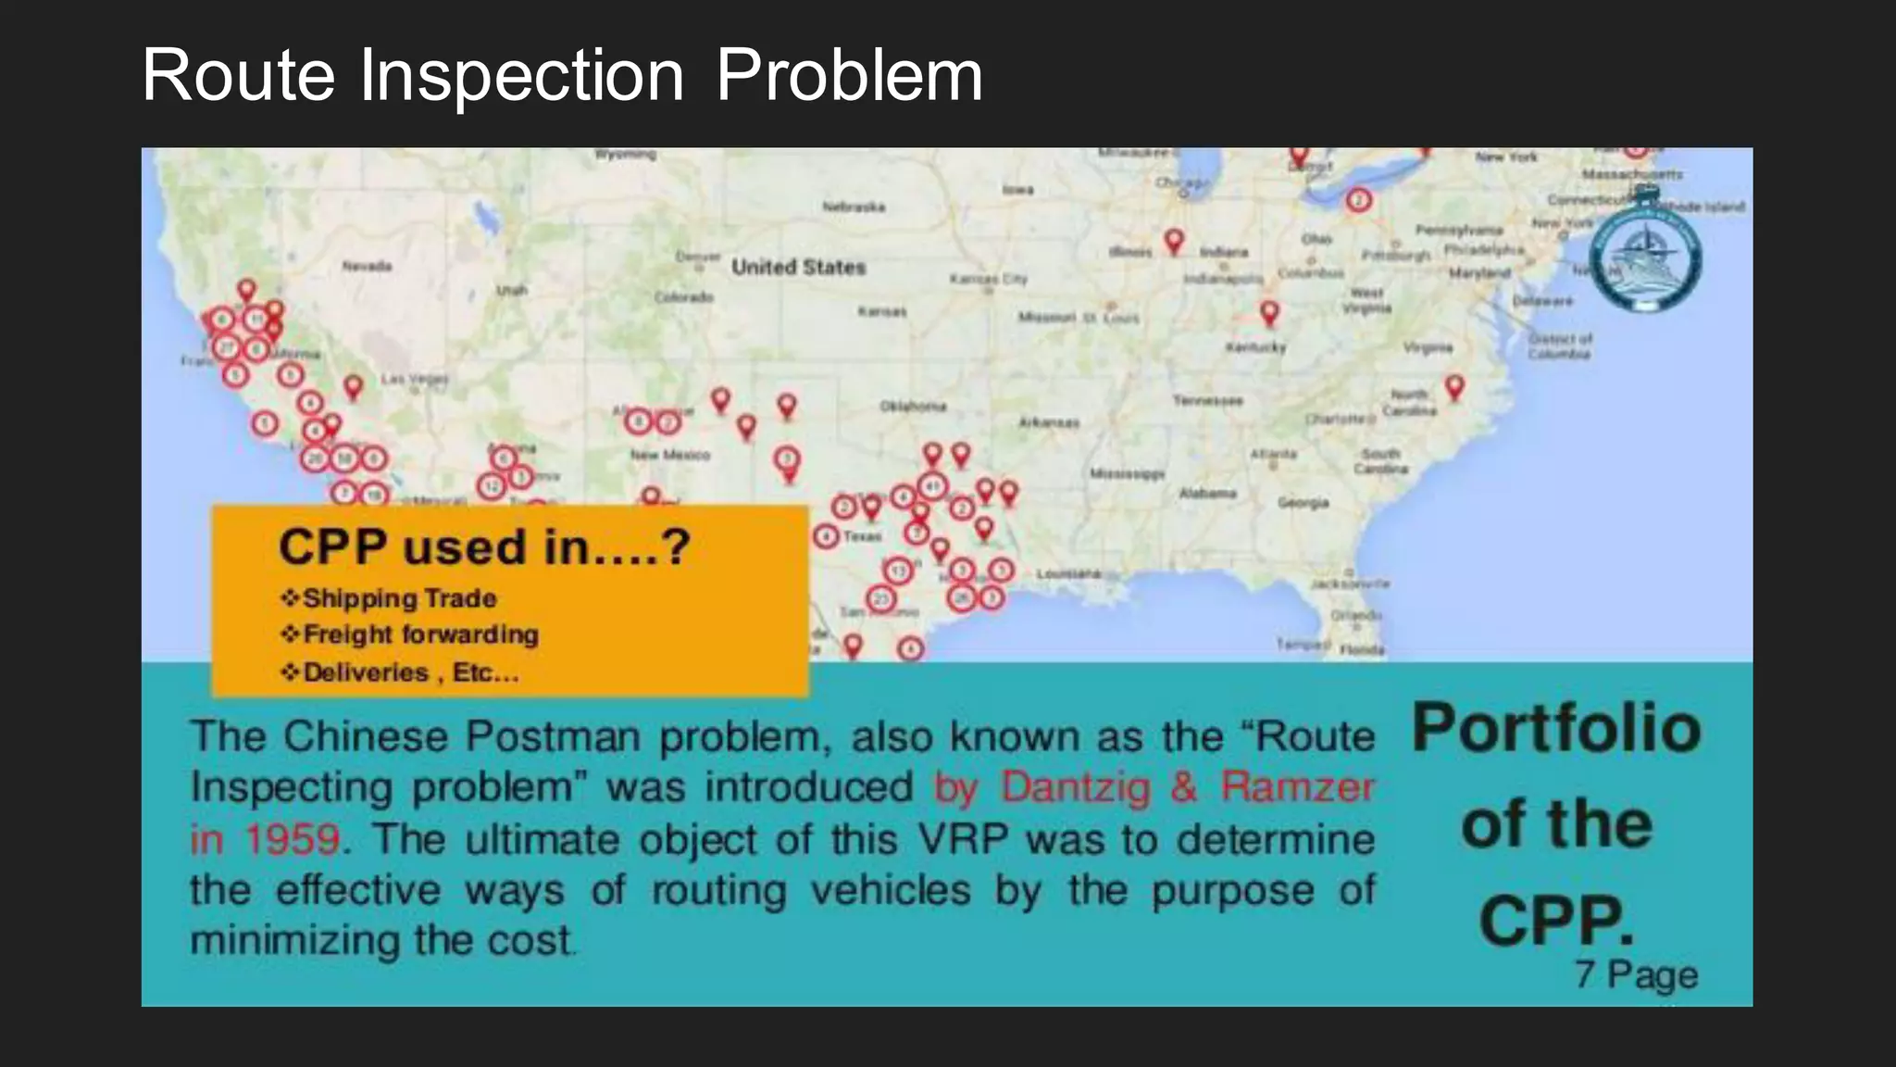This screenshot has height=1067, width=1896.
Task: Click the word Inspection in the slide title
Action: (521, 76)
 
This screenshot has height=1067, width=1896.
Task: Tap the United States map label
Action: (798, 267)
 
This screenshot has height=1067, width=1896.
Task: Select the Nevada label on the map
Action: (367, 266)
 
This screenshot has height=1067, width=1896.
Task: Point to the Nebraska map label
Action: (854, 207)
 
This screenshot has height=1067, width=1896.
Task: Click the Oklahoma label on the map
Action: (913, 406)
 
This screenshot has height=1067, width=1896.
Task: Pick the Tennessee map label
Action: (1207, 400)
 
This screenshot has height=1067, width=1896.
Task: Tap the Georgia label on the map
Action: (1303, 503)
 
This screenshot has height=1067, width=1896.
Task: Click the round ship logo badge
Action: (1645, 250)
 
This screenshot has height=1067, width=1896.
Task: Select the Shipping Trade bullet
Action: (399, 598)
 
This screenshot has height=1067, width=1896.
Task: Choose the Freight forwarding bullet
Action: (420, 634)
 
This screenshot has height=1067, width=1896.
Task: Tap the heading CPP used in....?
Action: (483, 546)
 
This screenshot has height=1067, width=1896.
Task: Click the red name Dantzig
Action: (1075, 787)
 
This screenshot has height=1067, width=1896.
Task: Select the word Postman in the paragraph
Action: (552, 737)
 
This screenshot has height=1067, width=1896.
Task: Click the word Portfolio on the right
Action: (1556, 728)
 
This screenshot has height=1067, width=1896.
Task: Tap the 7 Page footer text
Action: (1636, 974)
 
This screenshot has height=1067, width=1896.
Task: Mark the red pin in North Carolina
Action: (1454, 386)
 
